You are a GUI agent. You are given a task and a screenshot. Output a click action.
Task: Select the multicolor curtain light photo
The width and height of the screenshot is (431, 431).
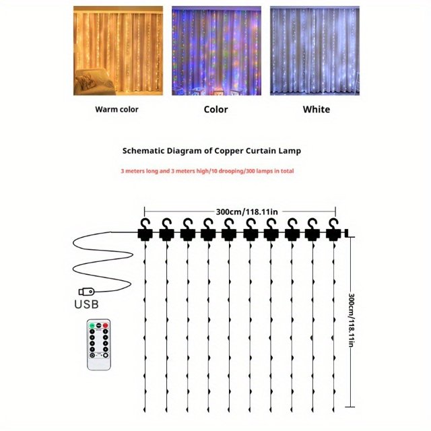pyautogui.click(x=215, y=51)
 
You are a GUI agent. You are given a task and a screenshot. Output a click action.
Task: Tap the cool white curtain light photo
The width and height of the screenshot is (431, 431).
pyautogui.click(x=314, y=51)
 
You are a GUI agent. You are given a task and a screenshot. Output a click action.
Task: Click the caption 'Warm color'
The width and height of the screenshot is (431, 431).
pyautogui.click(x=117, y=109)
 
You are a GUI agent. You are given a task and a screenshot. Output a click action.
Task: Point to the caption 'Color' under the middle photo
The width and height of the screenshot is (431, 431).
pyautogui.click(x=215, y=109)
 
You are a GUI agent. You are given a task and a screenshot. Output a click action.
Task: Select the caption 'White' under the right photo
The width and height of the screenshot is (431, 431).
pyautogui.click(x=316, y=109)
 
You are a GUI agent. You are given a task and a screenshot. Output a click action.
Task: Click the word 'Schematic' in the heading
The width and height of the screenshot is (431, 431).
pyautogui.click(x=145, y=151)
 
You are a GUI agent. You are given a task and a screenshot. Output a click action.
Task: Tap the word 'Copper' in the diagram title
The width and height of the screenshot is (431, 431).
pyautogui.click(x=233, y=151)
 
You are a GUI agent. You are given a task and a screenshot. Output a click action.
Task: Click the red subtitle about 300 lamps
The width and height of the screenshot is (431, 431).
pyautogui.click(x=207, y=171)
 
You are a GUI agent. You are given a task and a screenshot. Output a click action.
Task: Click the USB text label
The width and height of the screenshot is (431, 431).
pyautogui.click(x=86, y=304)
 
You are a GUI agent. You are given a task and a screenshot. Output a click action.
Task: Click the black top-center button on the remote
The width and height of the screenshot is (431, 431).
pyautogui.click(x=98, y=326)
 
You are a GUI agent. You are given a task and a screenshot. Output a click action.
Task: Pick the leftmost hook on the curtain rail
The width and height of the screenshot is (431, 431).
pyautogui.click(x=145, y=224)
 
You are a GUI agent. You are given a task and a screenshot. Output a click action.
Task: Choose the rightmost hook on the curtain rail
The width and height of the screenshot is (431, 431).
pyautogui.click(x=333, y=224)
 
